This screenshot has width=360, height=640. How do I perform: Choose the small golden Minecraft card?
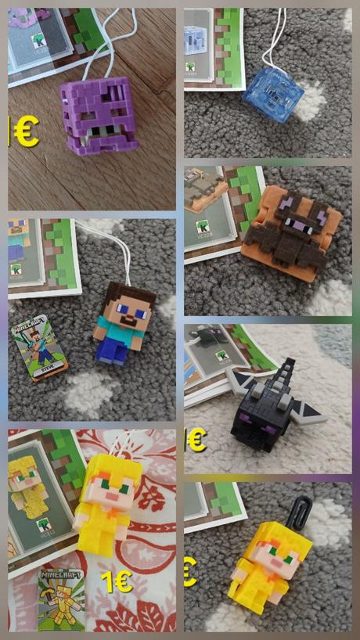[58, 599]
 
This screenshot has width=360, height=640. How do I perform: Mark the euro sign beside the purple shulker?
[24, 131]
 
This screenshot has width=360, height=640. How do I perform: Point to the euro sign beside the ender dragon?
[196, 440]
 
